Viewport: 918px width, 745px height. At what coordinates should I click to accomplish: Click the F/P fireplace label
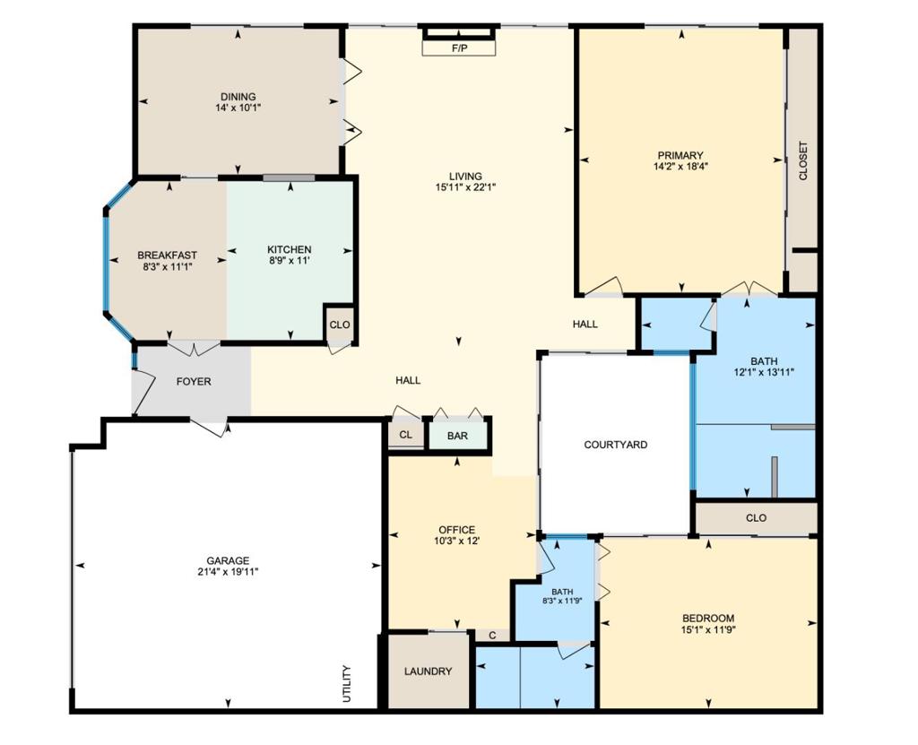(x=460, y=48)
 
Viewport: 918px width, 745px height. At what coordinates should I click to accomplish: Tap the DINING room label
(x=238, y=97)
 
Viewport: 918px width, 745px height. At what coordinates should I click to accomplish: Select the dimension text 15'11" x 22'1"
(x=466, y=187)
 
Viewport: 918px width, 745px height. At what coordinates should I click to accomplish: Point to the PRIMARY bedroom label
(x=680, y=155)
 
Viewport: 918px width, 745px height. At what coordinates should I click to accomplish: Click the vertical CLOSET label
(x=803, y=161)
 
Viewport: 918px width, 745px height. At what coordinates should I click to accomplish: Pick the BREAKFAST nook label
(x=168, y=256)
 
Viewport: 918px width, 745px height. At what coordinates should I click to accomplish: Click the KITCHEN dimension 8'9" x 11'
(x=290, y=261)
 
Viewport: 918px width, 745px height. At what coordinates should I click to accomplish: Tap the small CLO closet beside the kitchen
(x=340, y=325)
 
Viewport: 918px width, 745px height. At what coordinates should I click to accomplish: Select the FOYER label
(x=194, y=382)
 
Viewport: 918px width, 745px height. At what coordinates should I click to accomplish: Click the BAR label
(x=457, y=437)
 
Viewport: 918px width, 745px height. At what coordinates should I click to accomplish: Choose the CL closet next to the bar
(x=406, y=435)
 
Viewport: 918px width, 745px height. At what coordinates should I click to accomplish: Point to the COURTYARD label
(x=616, y=445)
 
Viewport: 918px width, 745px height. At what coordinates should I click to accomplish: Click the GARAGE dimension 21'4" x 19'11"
(x=229, y=572)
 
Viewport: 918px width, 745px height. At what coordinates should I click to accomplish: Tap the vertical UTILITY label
(x=346, y=684)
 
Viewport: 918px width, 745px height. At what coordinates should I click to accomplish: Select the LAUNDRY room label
(x=428, y=671)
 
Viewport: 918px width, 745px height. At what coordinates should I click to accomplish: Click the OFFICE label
(x=457, y=530)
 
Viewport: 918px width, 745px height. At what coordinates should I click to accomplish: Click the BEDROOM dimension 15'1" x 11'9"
(x=708, y=630)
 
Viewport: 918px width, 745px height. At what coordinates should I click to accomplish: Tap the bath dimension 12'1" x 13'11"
(x=764, y=372)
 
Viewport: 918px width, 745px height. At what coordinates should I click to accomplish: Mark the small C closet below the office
(x=492, y=635)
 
